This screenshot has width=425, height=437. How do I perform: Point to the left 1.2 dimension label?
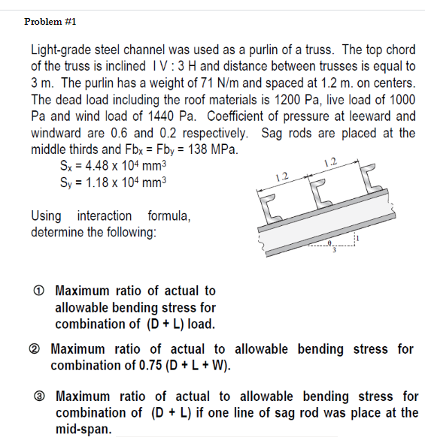coord(282,177)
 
